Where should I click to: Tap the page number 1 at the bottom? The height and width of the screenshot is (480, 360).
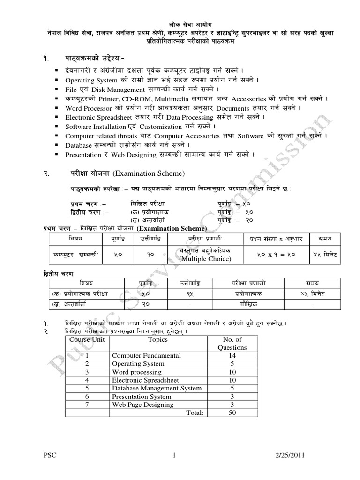(173, 455)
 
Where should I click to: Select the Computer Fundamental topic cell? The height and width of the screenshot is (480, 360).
(146, 356)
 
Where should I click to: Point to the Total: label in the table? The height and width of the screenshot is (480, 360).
(195, 412)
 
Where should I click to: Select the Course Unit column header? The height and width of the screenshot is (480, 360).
(87, 339)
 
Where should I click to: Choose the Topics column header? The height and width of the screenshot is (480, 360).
(157, 339)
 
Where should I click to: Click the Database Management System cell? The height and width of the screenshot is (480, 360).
(157, 388)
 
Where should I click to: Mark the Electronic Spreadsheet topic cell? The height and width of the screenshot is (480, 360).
(144, 380)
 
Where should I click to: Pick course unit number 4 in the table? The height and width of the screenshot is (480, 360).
(87, 380)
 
